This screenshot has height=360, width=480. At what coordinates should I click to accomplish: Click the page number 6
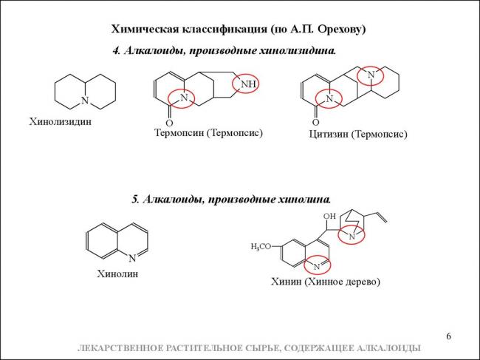pyautogui.click(x=448, y=336)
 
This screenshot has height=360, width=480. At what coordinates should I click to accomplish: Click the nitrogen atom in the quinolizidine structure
pyautogui.click(x=85, y=101)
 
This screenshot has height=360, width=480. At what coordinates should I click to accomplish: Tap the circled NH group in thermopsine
pyautogui.click(x=248, y=84)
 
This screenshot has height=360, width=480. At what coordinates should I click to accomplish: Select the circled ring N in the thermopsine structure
pyautogui.click(x=184, y=98)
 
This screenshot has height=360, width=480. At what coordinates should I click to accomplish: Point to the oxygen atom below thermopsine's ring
pyautogui.click(x=169, y=123)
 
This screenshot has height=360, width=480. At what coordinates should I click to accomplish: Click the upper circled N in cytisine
pyautogui.click(x=371, y=75)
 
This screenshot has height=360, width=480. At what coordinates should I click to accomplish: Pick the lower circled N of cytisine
pyautogui.click(x=329, y=98)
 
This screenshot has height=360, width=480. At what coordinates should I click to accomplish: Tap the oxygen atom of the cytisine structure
pyautogui.click(x=315, y=122)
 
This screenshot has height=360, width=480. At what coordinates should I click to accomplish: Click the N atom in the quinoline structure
pyautogui.click(x=132, y=258)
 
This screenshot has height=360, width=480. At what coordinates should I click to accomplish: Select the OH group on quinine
pyautogui.click(x=329, y=216)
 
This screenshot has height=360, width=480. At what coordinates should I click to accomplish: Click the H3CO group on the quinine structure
pyautogui.click(x=261, y=247)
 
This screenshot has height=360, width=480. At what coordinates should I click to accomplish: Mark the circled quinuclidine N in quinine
pyautogui.click(x=352, y=237)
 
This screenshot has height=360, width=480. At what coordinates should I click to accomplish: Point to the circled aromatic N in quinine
pyautogui.click(x=317, y=267)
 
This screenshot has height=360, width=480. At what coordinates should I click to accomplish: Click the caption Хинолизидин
pyautogui.click(x=61, y=122)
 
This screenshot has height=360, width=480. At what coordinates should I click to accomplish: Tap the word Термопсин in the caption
pyautogui.click(x=179, y=133)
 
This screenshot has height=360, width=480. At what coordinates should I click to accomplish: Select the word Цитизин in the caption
pyautogui.click(x=328, y=135)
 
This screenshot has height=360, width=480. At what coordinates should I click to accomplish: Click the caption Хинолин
pyautogui.click(x=117, y=274)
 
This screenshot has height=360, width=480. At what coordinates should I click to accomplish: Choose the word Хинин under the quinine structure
pyautogui.click(x=287, y=282)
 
